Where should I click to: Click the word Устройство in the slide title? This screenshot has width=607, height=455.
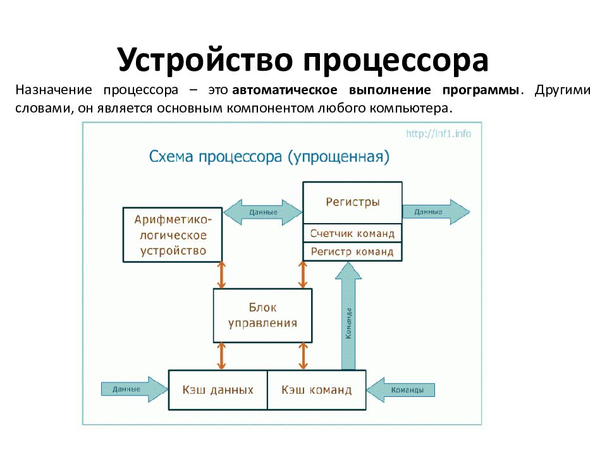coord(205,60)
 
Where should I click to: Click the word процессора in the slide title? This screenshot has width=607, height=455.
coord(395,60)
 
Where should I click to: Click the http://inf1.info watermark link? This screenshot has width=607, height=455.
coord(438,133)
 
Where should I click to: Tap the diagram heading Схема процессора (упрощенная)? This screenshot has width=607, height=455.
coord(269,156)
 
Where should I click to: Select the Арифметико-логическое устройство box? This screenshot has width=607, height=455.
coord(172,234)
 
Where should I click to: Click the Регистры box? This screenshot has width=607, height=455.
coord(352,203)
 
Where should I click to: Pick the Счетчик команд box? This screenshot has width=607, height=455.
coord(352,233)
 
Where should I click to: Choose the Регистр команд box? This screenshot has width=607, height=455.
coord(352,252)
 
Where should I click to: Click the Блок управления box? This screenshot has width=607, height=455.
coord(262,315)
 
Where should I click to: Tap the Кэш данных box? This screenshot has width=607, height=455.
coord(218,390)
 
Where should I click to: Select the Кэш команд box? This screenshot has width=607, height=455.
coord(317,390)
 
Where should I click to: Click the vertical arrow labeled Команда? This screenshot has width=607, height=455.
coord(348,316)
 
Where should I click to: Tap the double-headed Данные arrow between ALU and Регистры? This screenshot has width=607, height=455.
coord(263,212)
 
